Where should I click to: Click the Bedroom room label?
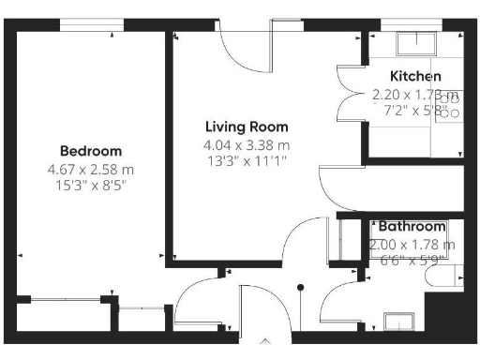(x=91, y=151)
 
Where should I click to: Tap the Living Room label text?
(x=247, y=127)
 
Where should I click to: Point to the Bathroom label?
(x=411, y=226)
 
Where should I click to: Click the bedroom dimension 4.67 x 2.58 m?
(x=91, y=170)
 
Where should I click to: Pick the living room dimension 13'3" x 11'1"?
(x=247, y=160)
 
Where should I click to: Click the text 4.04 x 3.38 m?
(x=247, y=145)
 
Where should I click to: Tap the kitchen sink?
(x=412, y=45)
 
